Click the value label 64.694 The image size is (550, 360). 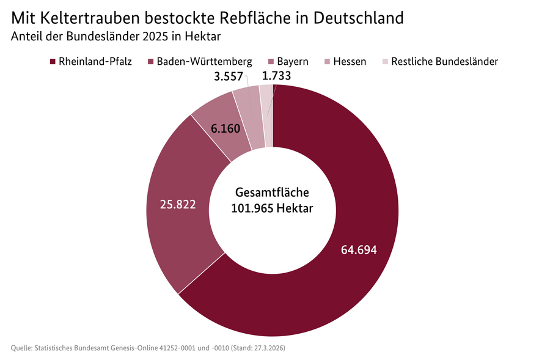click(x=359, y=250)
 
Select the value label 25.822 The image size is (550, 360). click(x=178, y=204)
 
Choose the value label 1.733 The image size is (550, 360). click(x=276, y=76)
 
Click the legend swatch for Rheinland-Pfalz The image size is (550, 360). click(x=53, y=62)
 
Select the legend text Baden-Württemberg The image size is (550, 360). click(x=204, y=62)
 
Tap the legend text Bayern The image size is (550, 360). click(x=292, y=62)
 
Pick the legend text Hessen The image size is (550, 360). click(x=350, y=62)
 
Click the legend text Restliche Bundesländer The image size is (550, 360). click(x=444, y=62)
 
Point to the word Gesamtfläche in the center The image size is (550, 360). click(x=272, y=192)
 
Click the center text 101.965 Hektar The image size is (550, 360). click(x=272, y=208)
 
